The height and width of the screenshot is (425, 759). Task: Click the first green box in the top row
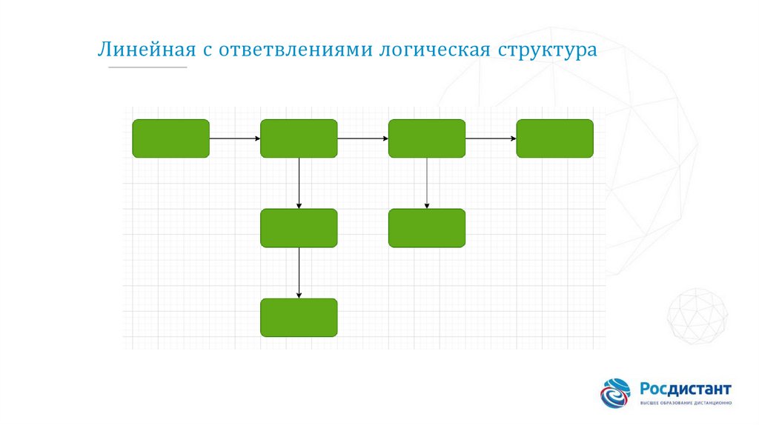coord(170,138)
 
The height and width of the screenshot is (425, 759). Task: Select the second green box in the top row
coord(299,138)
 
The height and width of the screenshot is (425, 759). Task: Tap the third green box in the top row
coord(427,138)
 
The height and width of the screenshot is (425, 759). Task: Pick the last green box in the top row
coord(554,138)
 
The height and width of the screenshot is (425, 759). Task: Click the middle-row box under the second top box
coord(299,228)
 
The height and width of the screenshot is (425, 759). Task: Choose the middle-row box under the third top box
coord(427,228)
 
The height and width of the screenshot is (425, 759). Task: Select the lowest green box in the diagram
coord(299,318)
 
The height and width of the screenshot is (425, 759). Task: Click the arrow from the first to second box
coord(235,138)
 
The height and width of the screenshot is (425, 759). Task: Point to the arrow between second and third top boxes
coord(363,138)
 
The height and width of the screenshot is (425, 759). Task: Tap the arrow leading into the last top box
coord(491,138)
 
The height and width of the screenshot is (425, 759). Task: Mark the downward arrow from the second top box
coord(299,183)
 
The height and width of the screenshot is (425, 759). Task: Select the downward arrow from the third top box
coord(427,183)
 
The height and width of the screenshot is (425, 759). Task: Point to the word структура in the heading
coord(547,51)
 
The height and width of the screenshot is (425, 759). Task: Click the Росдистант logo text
coord(686,389)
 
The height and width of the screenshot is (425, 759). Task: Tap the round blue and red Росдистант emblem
coord(616,393)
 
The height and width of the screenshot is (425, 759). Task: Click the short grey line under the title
coord(148,68)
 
